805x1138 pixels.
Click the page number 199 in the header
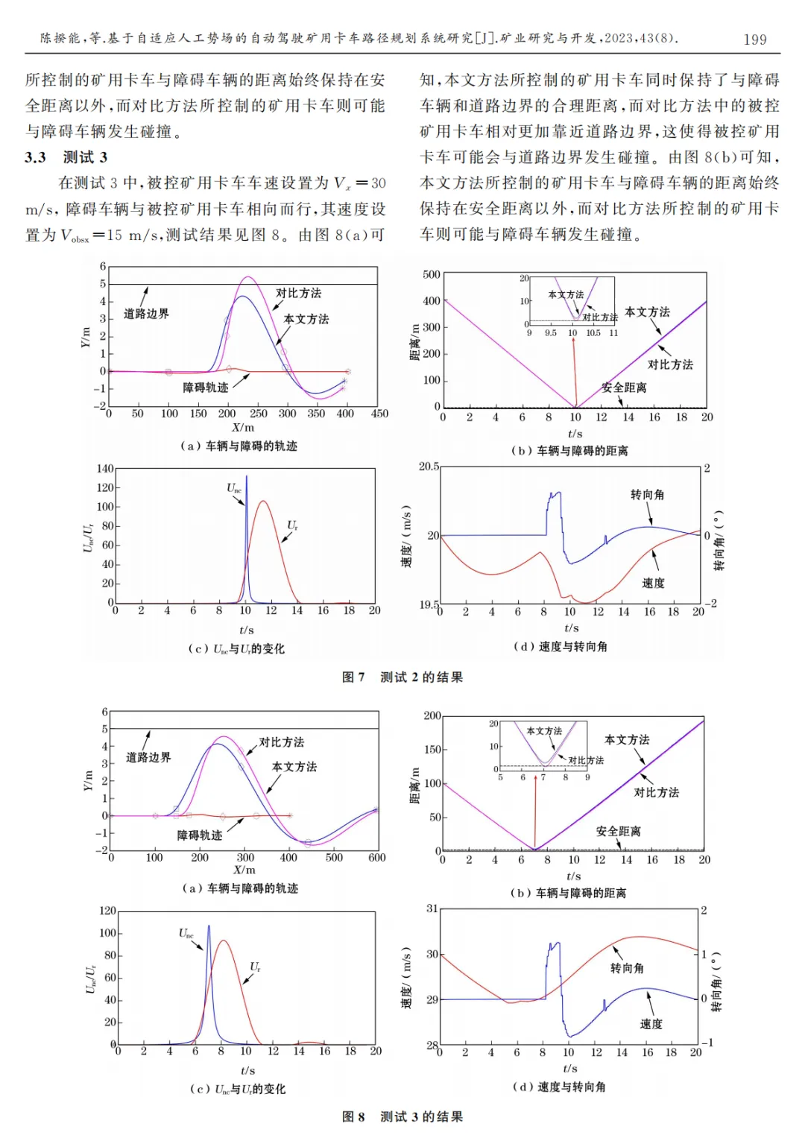pos(754,39)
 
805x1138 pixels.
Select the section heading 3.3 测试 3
pos(66,157)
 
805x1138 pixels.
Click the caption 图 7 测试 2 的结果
pos(402,677)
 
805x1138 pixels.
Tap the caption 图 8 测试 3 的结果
pos(402,1116)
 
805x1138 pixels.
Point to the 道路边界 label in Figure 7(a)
pos(146,314)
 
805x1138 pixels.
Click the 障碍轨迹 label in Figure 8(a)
pos(200,835)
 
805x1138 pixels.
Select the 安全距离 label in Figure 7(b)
pos(624,388)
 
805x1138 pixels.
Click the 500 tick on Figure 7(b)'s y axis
pos(432,274)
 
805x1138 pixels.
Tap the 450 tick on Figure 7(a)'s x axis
pos(379,414)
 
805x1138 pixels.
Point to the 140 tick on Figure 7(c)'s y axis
pos(105,469)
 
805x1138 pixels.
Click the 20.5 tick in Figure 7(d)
pos(429,467)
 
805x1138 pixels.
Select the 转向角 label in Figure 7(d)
pos(647,495)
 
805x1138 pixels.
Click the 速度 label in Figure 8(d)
pos(651,1024)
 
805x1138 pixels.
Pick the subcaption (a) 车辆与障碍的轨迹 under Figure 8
pos(240,888)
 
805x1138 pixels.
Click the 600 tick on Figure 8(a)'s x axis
pos(377,858)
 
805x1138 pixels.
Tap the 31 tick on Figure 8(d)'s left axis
pos(432,908)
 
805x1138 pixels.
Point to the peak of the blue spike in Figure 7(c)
pos(247,476)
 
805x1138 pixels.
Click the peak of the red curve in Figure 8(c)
pos(222,941)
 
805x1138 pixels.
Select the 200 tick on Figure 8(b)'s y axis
pos(432,715)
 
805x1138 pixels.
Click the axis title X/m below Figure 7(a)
pos(243,428)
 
